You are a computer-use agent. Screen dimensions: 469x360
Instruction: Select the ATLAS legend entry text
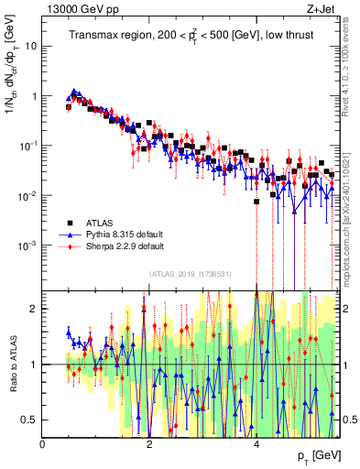(100, 223)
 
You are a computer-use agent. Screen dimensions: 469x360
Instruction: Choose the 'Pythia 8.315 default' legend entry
(125, 234)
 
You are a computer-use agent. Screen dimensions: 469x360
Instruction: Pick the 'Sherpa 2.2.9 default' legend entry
(125, 246)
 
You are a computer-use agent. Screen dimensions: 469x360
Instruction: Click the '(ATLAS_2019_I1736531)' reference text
(190, 274)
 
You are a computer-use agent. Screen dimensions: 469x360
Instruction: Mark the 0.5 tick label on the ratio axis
(28, 420)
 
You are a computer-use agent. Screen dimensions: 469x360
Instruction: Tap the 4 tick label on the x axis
(256, 443)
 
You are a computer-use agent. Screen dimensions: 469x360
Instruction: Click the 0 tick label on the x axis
(43, 443)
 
